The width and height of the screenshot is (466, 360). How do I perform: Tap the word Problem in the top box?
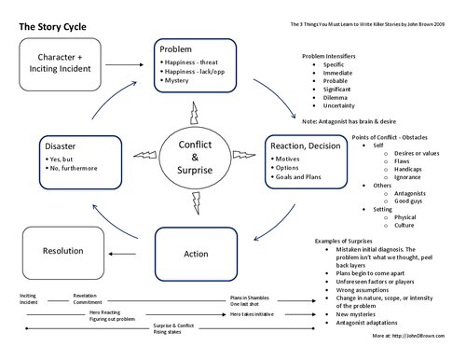(175, 48)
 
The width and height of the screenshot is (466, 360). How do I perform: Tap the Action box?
(195, 253)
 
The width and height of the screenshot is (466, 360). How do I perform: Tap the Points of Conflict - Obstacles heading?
(398, 137)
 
